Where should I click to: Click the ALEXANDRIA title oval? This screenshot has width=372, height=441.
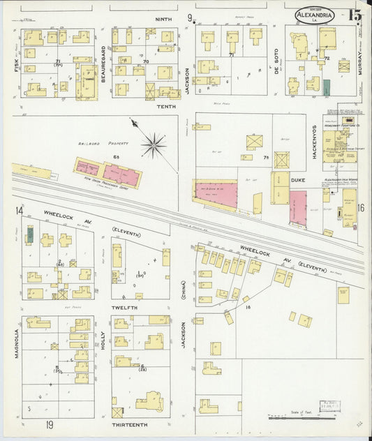[310, 15]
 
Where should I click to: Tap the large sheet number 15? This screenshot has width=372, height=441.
[355, 15]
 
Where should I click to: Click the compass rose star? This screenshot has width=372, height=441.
[153, 146]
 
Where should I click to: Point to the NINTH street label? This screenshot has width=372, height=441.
[163, 20]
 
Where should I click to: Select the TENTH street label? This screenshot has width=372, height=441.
[165, 106]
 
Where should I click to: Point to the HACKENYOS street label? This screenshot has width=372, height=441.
[315, 142]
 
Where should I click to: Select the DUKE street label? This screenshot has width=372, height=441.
[299, 179]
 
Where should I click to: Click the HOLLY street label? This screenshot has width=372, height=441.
[102, 340]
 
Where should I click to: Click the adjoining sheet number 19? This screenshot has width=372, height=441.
[50, 424]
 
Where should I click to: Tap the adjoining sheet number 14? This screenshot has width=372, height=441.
[20, 211]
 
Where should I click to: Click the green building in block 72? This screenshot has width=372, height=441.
[326, 86]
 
